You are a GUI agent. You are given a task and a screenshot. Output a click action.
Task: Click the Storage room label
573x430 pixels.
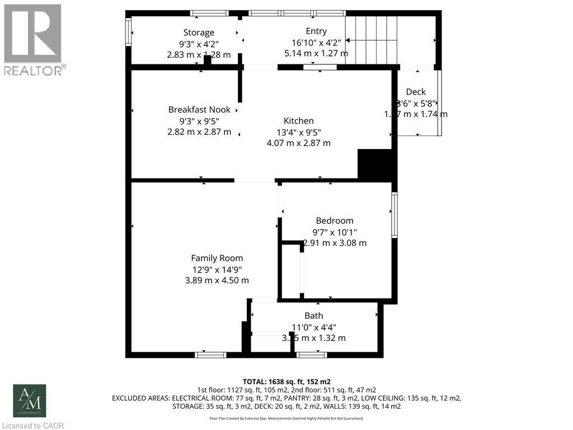coord(199,32)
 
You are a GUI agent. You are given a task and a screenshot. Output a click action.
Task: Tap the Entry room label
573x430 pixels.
coord(316,31)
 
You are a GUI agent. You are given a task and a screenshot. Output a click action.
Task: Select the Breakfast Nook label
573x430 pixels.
coord(199,110)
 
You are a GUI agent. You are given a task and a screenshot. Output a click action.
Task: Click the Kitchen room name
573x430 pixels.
coord(299,120)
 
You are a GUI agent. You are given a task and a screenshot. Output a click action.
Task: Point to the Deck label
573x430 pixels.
coord(416,92)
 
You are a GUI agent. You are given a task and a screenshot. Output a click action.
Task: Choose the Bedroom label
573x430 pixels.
coord(335,221)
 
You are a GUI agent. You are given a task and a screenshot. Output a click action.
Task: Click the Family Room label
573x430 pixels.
coord(217,258)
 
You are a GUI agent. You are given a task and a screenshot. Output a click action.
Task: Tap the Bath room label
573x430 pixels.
coord(314,316)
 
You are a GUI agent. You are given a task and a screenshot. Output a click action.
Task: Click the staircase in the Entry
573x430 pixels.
coord(372,40)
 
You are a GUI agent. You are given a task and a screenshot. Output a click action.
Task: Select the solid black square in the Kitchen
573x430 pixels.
coord(374,165)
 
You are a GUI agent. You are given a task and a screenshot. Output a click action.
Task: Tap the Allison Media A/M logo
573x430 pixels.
coord(30,400)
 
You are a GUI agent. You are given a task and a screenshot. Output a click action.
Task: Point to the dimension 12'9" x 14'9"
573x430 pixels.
coord(217,269)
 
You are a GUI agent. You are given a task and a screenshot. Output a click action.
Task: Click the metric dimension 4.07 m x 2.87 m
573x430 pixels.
coord(299,143)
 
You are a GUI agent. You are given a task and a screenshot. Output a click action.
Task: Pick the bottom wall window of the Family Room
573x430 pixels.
coord(210,354)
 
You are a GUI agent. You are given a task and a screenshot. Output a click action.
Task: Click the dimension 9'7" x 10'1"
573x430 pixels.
coord(335,232)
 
